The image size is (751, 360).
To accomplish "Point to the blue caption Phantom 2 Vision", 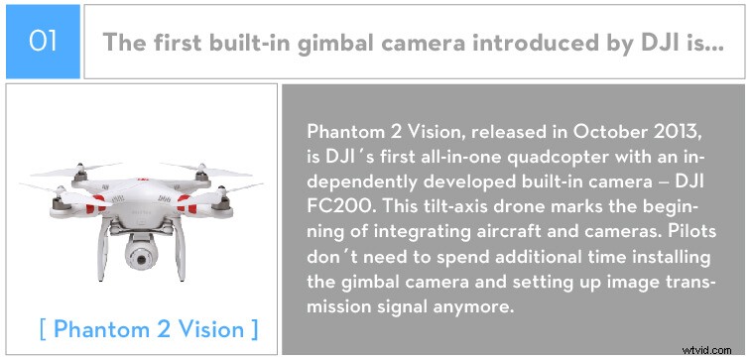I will tap(149, 329).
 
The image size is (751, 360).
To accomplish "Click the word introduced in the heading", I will tap(465, 44).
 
